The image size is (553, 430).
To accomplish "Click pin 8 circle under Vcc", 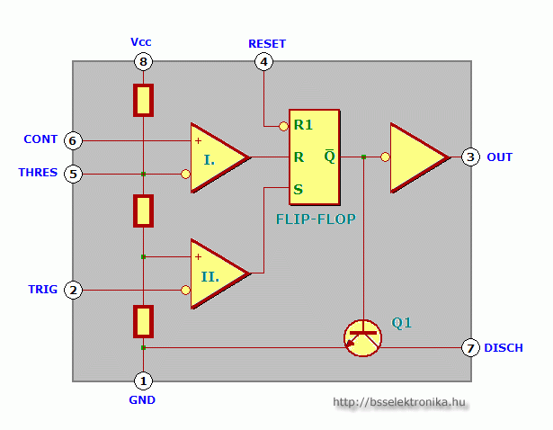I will (x=143, y=61).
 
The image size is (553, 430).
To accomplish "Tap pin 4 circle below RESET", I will (x=263, y=61).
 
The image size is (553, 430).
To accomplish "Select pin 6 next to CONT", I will (x=74, y=140).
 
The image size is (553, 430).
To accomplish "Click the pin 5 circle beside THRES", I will (x=74, y=174).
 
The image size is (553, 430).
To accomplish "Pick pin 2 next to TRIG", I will (x=74, y=290).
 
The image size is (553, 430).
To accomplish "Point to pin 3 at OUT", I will (x=471, y=157).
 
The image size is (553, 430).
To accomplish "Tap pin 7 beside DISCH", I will (x=470, y=347).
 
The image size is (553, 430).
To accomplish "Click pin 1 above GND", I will (x=143, y=381).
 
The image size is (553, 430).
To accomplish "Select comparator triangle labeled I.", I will (x=216, y=157).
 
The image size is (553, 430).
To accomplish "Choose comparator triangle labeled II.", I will (x=216, y=273).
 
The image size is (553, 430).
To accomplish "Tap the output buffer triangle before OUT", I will (x=416, y=157).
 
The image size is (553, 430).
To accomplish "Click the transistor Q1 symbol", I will (x=363, y=337).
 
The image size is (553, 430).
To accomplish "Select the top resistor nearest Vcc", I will (x=143, y=100).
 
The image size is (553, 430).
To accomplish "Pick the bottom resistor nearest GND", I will (x=143, y=320).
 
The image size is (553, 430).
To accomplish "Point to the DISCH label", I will (x=503, y=347).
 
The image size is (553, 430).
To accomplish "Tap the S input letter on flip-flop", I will (x=298, y=189).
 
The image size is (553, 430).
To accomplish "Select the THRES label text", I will (x=38, y=173).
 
